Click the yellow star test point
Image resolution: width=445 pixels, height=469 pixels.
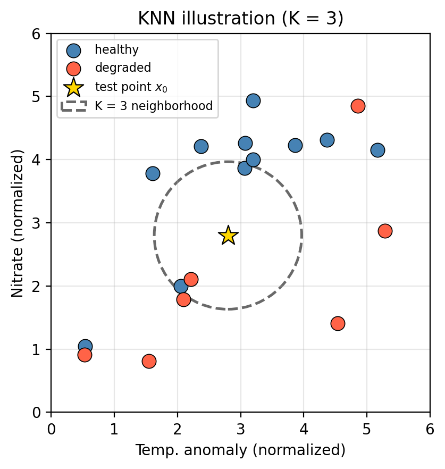(228, 235)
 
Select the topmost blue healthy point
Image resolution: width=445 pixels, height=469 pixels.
(253, 100)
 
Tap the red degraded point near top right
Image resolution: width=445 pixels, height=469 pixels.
(358, 106)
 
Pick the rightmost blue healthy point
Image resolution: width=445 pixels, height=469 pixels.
(377, 150)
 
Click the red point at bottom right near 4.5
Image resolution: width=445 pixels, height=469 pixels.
(338, 323)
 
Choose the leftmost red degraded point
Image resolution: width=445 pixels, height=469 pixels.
(85, 355)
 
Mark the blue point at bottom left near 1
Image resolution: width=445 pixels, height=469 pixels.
(85, 346)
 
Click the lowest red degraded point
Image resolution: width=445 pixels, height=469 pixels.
(149, 361)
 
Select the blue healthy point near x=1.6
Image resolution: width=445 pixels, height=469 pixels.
(153, 173)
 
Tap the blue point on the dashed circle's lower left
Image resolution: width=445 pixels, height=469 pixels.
(181, 286)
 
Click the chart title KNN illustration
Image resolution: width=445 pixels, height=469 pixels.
(240, 19)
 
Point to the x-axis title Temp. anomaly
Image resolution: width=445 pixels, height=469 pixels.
(240, 450)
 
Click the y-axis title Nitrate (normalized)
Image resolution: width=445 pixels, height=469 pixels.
(18, 223)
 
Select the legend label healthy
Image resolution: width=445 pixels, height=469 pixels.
(116, 50)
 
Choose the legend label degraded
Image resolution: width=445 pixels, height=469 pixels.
(123, 68)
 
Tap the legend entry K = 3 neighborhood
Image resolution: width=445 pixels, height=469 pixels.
(154, 106)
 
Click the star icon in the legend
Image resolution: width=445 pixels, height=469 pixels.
(73, 87)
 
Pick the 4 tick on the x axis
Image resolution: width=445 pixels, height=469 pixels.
(304, 429)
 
